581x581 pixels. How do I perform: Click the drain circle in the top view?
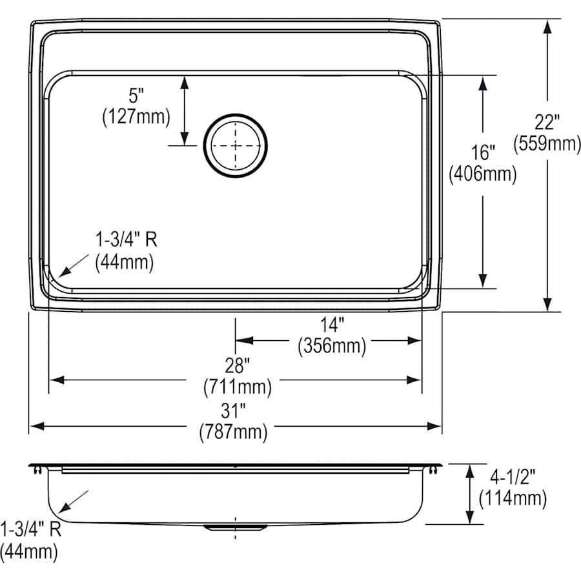point(235,145)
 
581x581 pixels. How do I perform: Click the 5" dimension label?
point(136,97)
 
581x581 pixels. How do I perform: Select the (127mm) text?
point(136,117)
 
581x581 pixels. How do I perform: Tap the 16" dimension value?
point(483,153)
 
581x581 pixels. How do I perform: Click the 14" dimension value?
point(332,325)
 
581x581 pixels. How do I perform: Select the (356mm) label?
point(332,346)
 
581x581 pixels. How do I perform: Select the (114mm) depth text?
point(513,498)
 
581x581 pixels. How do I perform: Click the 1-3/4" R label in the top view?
point(127,241)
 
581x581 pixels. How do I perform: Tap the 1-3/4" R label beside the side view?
point(30,530)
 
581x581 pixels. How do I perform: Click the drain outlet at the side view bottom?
point(235,527)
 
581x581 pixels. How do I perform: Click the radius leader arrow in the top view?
point(72,265)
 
